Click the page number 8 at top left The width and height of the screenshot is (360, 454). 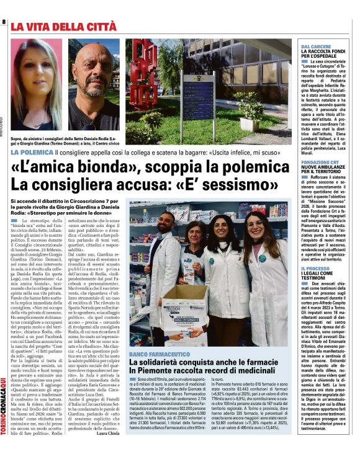[x=4, y=22]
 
